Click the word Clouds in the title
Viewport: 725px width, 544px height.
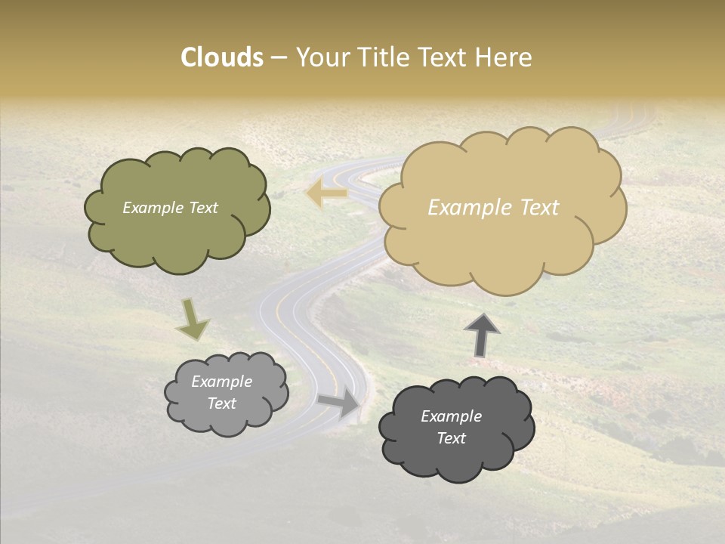coord(222,57)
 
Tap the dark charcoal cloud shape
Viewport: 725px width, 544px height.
coord(456,458)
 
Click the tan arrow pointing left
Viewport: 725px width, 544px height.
coord(326,193)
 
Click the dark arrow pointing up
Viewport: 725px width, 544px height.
coord(482,335)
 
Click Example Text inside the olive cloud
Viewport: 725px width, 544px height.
coord(170,208)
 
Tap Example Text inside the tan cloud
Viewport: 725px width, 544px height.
coord(493,208)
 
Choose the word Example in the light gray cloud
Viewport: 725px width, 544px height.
coord(221,382)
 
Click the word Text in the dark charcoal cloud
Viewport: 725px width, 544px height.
coord(451,438)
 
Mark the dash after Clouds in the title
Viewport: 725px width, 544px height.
coord(279,58)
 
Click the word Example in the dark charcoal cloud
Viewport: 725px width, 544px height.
coord(451,416)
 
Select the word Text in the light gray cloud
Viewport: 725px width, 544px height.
coord(221,403)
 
